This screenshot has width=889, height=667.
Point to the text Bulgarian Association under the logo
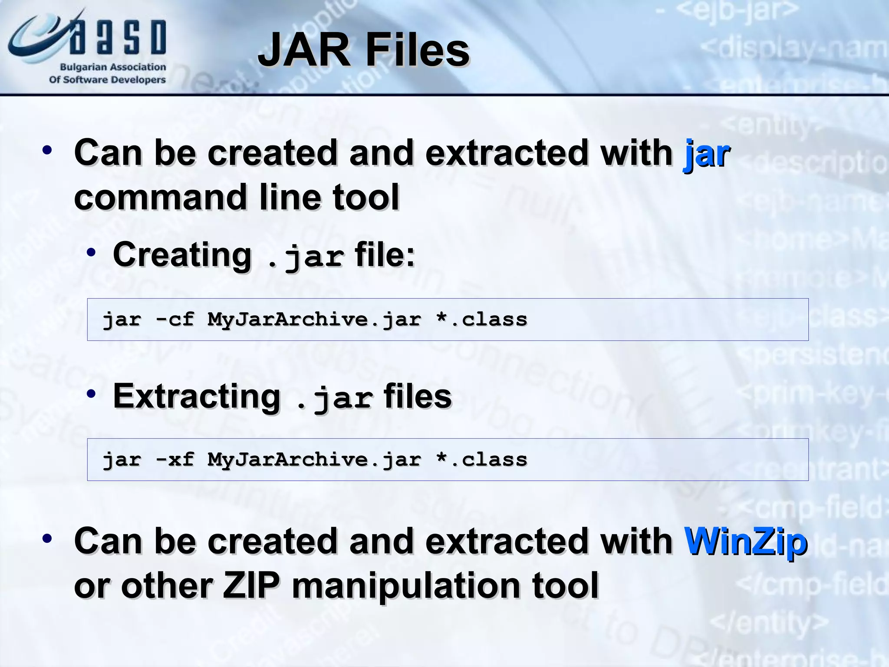[x=113, y=67]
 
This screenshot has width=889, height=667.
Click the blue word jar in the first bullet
[x=707, y=154]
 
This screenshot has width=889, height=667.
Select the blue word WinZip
[x=746, y=542]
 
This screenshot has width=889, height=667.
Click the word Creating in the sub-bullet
[x=182, y=254]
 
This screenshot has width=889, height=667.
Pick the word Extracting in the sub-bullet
[x=197, y=396]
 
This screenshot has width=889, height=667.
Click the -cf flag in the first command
[x=175, y=320]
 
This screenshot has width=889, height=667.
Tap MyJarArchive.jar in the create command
[x=314, y=320]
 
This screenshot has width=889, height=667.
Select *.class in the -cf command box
[x=482, y=320]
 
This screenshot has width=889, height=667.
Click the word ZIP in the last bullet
[x=251, y=586]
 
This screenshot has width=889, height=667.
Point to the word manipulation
[x=405, y=587]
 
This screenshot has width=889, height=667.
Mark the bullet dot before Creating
[x=91, y=253]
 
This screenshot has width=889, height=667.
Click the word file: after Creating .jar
[x=385, y=254]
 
